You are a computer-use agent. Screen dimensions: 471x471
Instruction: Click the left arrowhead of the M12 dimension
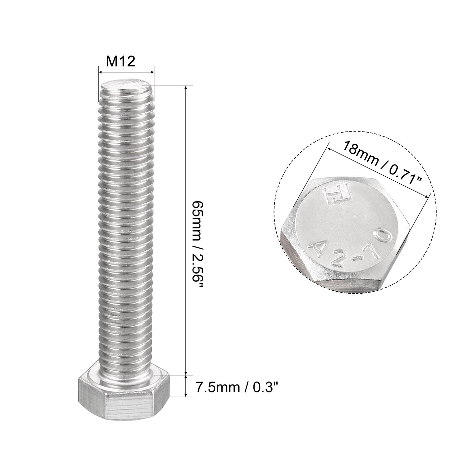click(100, 71)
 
